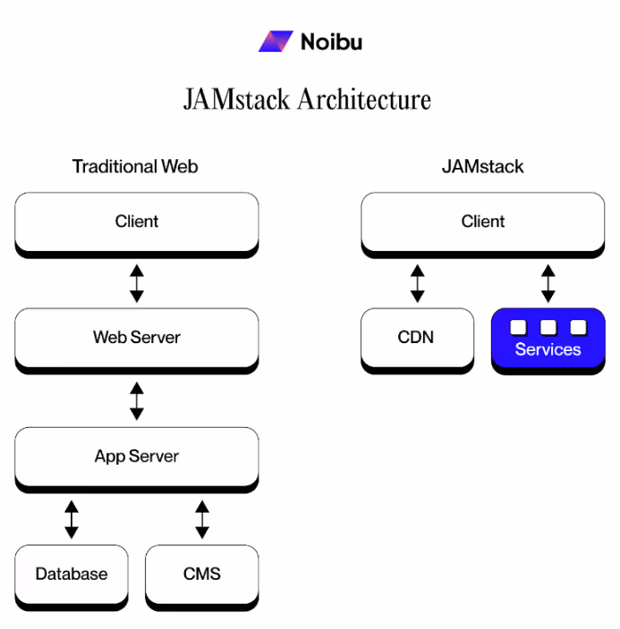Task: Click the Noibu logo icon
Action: (x=276, y=41)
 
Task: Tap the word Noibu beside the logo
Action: (x=331, y=42)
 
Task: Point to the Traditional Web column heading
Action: (x=135, y=166)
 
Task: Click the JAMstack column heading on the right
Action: (x=483, y=166)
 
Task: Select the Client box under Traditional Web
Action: (x=136, y=222)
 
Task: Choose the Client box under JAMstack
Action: (x=483, y=222)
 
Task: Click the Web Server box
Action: (x=136, y=338)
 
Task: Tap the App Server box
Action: (x=136, y=457)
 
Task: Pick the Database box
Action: (x=72, y=574)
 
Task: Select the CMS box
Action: (x=201, y=574)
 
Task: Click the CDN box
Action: (x=417, y=338)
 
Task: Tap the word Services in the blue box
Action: (x=548, y=349)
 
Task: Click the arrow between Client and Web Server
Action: (x=136, y=282)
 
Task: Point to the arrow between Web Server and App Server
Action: (x=136, y=401)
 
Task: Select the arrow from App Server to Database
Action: (x=72, y=519)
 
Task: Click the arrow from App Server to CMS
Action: (x=202, y=519)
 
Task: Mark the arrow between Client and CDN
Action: (x=417, y=282)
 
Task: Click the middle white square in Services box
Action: (x=548, y=327)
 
